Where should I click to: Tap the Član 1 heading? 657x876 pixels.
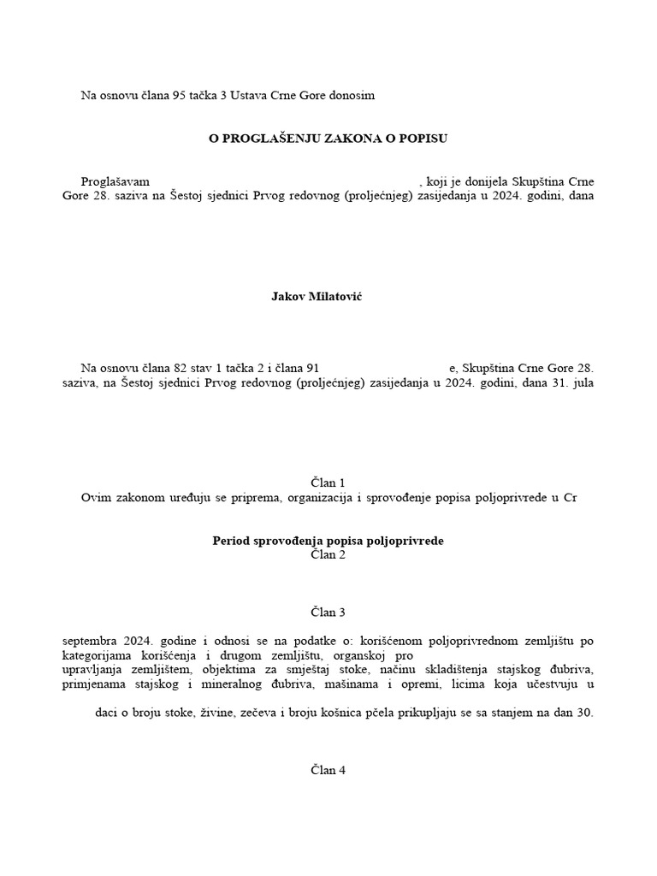(328, 482)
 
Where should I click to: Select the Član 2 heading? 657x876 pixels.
(328, 555)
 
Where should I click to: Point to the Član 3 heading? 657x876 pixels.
(328, 612)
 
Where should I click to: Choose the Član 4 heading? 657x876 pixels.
(328, 770)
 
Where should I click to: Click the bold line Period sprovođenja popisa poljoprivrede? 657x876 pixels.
(328, 541)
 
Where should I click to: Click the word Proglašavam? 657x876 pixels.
(115, 182)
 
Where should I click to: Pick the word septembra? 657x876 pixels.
(92, 640)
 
